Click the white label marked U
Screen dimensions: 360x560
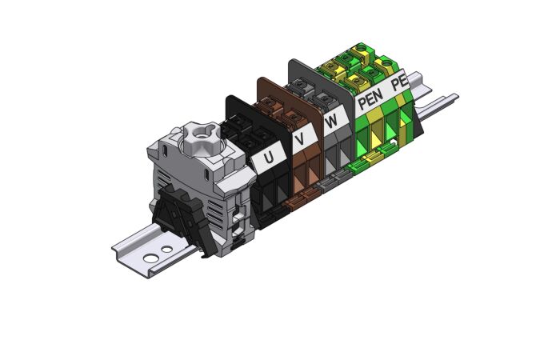tap(267, 158)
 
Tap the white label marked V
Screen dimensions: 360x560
tap(300, 141)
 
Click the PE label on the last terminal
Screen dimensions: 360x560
tap(399, 82)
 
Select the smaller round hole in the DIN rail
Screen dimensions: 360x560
tap(166, 249)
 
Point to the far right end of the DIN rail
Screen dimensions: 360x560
tap(454, 98)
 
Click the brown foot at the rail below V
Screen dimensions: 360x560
tap(303, 202)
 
